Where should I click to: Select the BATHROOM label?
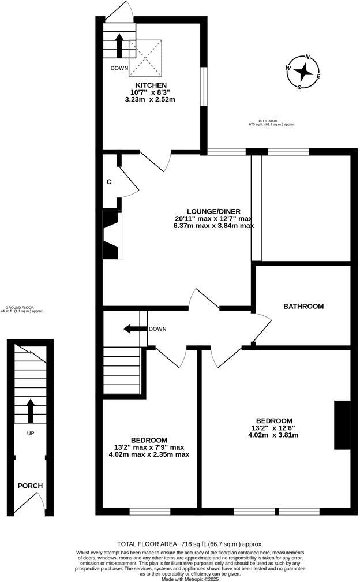tap(303, 307)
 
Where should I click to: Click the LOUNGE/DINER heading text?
tap(213, 211)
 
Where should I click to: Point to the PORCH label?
tap(29, 486)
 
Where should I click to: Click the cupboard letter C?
tap(109, 182)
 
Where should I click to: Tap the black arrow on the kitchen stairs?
tap(119, 46)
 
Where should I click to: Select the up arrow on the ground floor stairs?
tap(29, 411)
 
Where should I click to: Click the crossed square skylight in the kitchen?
tap(146, 58)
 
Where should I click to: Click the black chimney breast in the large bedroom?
tap(342, 424)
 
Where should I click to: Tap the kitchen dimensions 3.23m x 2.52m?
tap(149, 99)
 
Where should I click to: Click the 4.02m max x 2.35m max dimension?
tap(149, 454)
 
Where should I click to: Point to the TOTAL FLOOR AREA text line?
tap(190, 544)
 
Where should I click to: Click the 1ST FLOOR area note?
tap(272, 122)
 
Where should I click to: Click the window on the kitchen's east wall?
tap(203, 87)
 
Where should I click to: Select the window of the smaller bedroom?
tap(149, 511)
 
